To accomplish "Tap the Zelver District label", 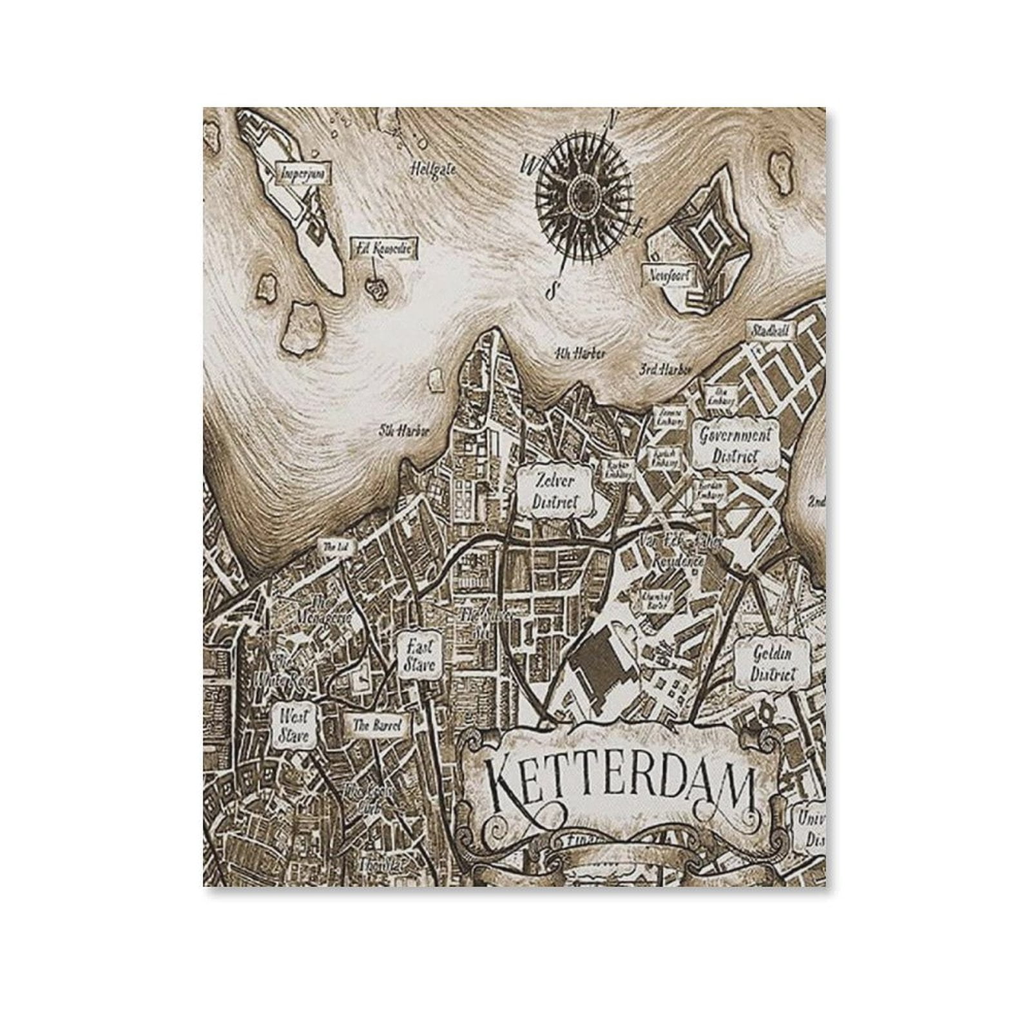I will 555,491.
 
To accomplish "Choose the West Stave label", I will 294,725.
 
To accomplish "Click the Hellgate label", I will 434,169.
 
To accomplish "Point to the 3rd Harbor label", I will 664,370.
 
